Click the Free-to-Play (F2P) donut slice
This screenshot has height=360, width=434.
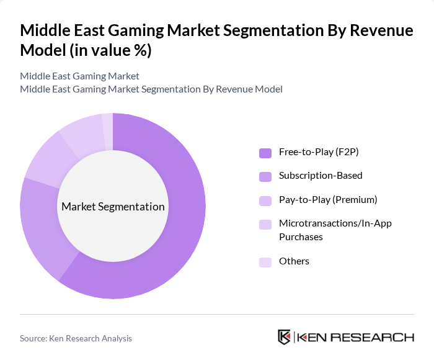pos(180,230)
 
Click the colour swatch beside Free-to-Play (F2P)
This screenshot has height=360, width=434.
pos(265,153)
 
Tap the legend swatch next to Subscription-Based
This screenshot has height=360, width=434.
pos(265,176)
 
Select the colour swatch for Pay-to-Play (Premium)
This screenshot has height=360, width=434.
pos(265,200)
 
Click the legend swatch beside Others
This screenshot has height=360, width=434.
pos(265,261)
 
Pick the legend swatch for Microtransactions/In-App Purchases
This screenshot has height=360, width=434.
pos(265,223)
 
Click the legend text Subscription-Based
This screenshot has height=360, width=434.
pos(321,176)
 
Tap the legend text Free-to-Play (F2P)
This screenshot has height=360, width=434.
pos(319,152)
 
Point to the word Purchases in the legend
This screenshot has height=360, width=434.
pos(301,236)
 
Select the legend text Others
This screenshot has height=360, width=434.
pos(294,261)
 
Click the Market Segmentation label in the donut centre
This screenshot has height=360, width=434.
pos(113,207)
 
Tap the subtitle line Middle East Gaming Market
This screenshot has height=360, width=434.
pos(79,76)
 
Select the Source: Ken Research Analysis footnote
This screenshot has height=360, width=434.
pos(76,338)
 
